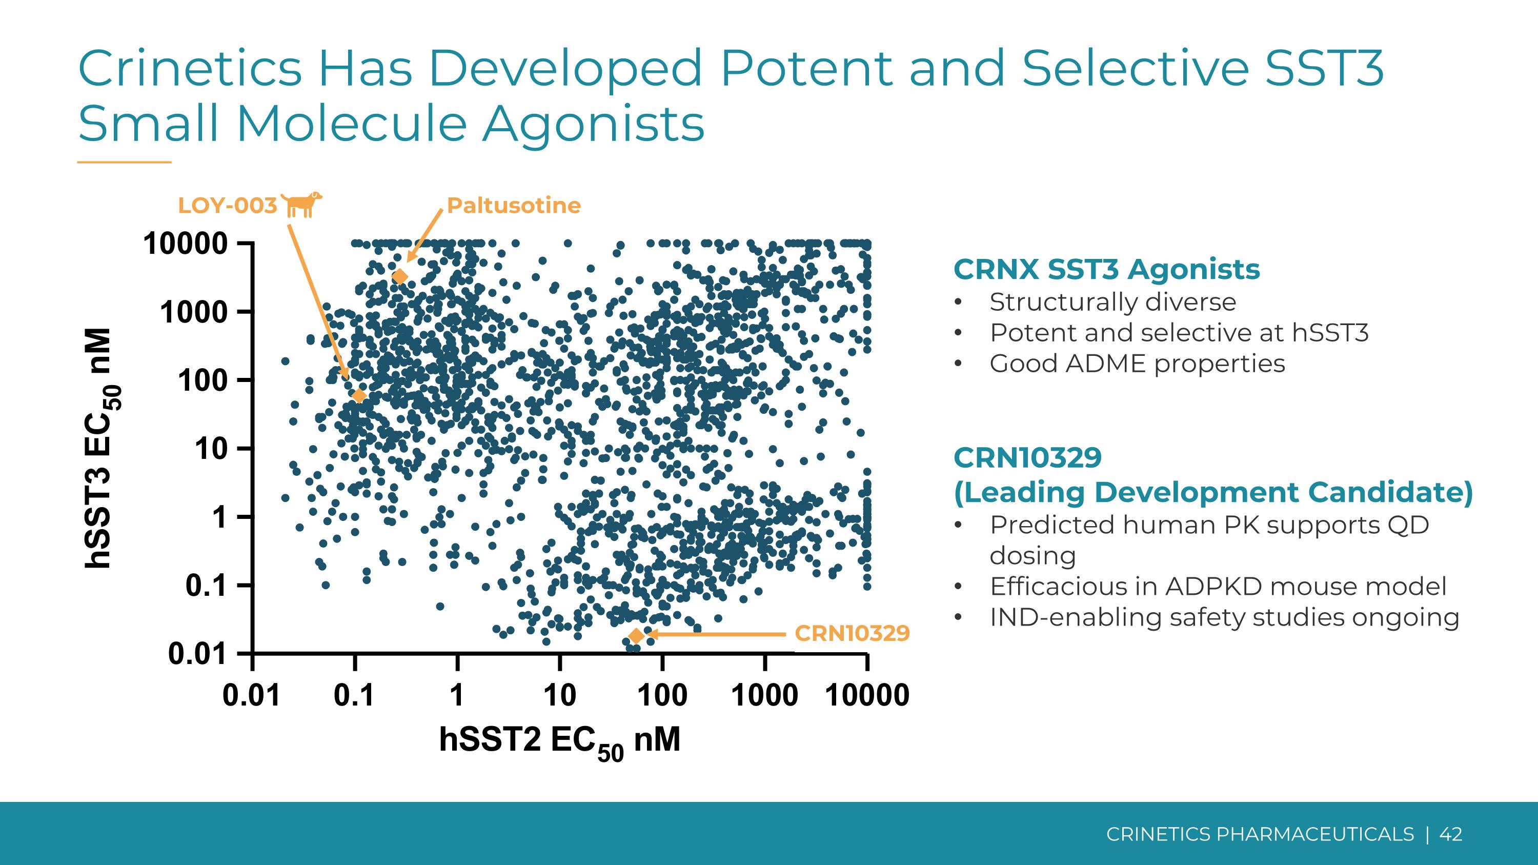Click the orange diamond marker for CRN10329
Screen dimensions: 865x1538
pos(636,636)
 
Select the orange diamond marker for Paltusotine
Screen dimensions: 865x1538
pos(400,276)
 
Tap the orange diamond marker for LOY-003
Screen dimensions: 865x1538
pos(359,395)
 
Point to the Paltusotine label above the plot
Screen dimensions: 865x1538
pos(514,206)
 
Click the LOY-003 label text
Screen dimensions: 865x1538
pos(228,206)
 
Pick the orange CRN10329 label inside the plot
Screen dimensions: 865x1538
pos(852,633)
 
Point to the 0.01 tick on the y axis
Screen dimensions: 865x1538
pos(197,654)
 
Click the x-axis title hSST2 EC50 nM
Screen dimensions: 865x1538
pos(559,741)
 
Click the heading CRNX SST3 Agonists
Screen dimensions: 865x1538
pos(1106,269)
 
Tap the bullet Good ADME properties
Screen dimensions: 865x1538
pos(1137,364)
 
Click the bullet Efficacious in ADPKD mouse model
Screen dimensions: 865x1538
pos(1218,586)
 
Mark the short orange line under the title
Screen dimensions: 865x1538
pos(124,162)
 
